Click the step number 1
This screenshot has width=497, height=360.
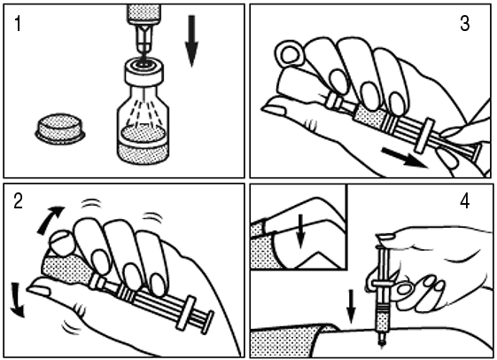coord(18,24)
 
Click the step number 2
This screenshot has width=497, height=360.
coord(18,201)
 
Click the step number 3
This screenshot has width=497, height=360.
coord(465,23)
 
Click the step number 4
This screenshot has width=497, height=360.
coord(465,201)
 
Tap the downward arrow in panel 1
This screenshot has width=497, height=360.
coord(191,42)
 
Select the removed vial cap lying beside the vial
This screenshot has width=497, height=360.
coord(60,129)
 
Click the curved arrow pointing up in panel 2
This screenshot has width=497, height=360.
coord(50,220)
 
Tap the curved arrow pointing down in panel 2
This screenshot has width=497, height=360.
coord(18,300)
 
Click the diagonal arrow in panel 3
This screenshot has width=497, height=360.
coord(404,157)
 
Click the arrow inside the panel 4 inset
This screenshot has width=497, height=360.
coord(300,231)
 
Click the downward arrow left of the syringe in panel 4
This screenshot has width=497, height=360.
coord(351,307)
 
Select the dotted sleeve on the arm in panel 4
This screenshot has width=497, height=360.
coord(285,342)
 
